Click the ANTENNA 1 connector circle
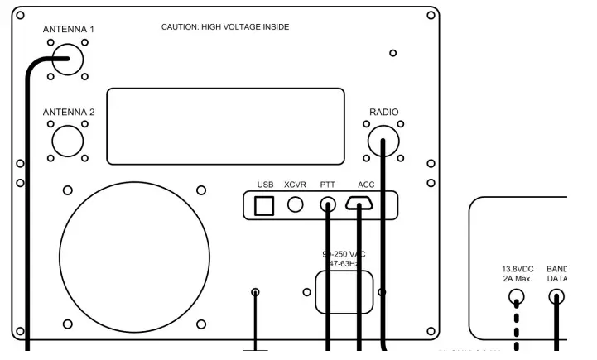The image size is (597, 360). point(67,59)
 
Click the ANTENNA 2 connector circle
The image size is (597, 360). point(67,140)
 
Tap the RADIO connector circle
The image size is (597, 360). point(383,141)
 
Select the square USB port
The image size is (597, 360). point(264,206)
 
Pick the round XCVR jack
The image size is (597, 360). point(296,206)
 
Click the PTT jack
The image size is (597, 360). point(328,206)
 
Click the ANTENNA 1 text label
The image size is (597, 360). point(68,30)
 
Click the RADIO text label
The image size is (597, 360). point(383,111)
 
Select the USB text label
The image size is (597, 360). point(265,184)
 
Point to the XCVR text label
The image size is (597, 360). point(296,184)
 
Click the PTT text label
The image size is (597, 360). point(328,184)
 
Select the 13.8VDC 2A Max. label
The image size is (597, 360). point(518,274)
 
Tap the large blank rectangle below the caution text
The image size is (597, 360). point(226,126)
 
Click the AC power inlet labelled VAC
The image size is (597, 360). point(344,290)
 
